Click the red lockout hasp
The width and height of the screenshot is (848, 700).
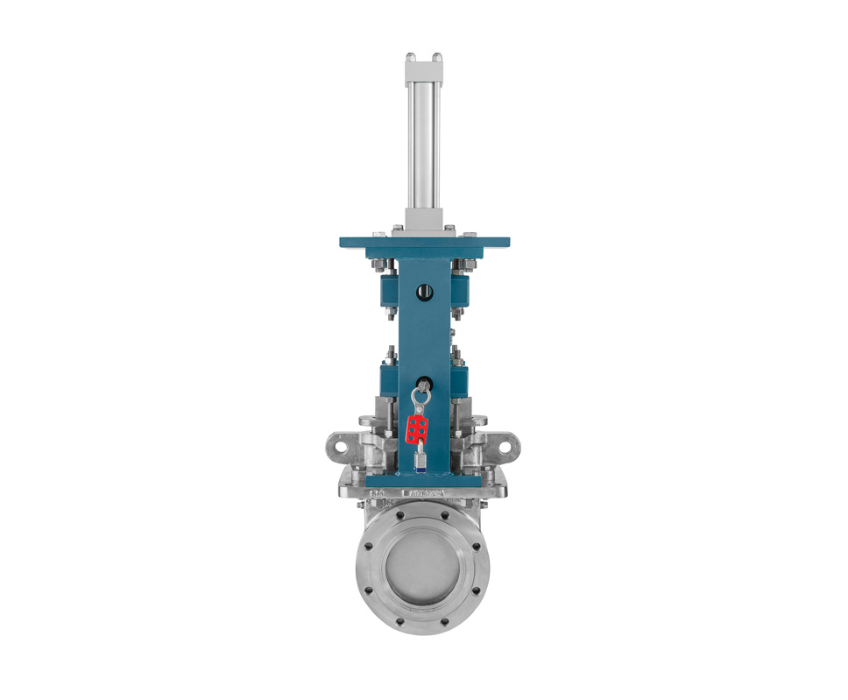(418, 428)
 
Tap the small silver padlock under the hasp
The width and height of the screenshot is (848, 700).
(420, 459)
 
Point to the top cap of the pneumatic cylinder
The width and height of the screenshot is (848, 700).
(423, 62)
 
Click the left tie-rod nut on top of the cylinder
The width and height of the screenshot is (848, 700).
(410, 58)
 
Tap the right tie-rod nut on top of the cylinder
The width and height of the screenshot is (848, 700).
(436, 58)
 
